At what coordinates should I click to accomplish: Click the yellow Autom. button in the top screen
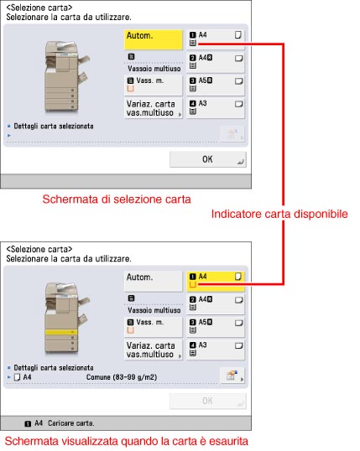point(154,39)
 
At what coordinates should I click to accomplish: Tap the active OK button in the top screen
point(207,159)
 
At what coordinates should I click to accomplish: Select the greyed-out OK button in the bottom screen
point(207,401)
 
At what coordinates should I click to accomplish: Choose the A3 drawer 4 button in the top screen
point(216,107)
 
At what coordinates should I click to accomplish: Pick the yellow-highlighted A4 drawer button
point(216,281)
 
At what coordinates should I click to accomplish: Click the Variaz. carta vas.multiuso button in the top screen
point(154,108)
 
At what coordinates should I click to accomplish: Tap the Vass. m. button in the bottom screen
point(154,326)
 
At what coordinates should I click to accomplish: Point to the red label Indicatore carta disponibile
point(279,214)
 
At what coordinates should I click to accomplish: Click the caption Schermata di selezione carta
point(117,199)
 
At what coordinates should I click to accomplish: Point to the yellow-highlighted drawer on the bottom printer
point(61,332)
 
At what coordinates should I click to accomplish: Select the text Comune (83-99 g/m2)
point(122,377)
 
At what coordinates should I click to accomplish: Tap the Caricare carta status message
point(70,423)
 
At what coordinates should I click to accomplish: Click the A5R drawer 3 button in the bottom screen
point(216,326)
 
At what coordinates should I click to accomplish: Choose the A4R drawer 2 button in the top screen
point(216,62)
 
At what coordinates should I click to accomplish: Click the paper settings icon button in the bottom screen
point(232,376)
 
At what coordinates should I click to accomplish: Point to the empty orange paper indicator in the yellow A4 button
point(193,284)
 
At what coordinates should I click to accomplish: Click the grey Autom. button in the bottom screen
point(154,281)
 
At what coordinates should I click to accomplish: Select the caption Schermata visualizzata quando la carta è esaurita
point(127,441)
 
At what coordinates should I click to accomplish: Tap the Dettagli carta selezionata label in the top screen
point(54,127)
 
